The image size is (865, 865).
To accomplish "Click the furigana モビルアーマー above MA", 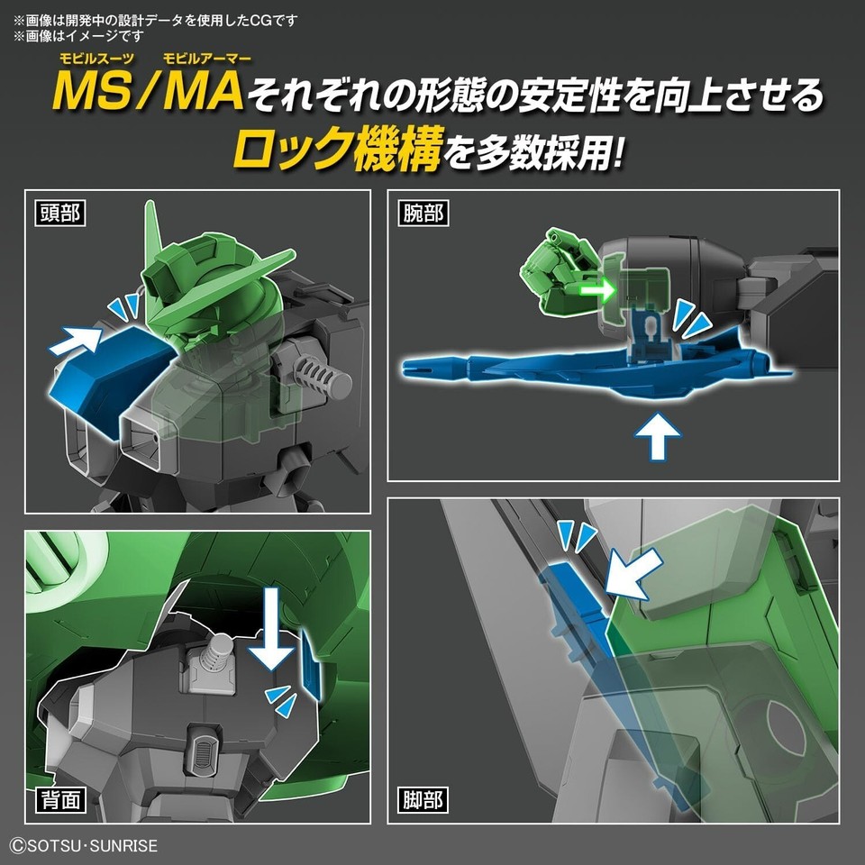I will point(206,58).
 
